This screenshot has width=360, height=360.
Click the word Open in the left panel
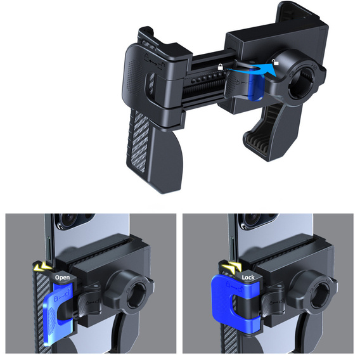[x=62, y=278]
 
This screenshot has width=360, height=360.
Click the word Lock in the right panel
[x=248, y=278]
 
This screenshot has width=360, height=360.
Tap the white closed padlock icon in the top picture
[x=221, y=67]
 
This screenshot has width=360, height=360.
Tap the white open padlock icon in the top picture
[x=275, y=62]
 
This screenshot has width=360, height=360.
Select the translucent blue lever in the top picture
[x=255, y=86]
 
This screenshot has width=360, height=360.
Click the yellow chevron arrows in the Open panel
[x=42, y=267]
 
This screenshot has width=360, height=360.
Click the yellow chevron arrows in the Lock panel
[x=231, y=267]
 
